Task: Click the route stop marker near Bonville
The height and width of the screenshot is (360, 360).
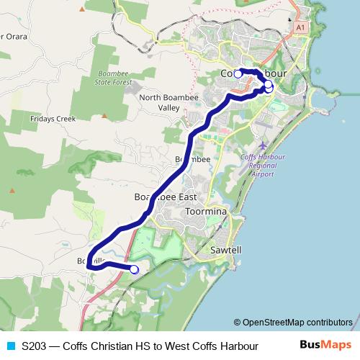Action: point(134,269)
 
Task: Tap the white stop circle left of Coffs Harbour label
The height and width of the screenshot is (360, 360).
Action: point(238,73)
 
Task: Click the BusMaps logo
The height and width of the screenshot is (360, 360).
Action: point(326,346)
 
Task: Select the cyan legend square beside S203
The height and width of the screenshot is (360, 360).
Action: point(9,346)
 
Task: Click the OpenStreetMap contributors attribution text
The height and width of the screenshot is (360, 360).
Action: point(293,323)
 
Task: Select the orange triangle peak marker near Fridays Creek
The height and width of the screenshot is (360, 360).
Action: point(104,115)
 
